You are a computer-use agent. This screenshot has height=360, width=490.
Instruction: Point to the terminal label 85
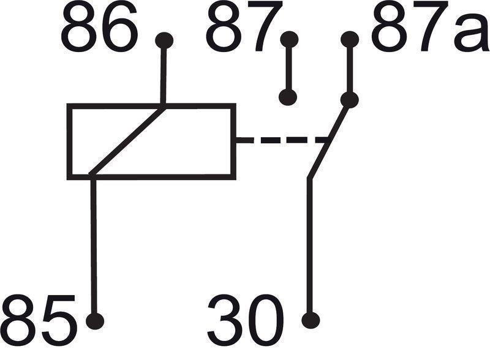point(38,318)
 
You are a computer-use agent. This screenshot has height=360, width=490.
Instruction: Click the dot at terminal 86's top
point(164,40)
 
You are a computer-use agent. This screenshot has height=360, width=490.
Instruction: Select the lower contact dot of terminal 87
point(288,97)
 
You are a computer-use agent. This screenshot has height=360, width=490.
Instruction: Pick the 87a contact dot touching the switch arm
point(350,99)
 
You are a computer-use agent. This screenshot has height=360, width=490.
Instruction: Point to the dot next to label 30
point(311,320)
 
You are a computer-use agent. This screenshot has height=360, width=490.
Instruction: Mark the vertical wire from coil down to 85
point(94,245)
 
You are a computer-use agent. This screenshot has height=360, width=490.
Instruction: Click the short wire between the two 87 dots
point(288,69)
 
